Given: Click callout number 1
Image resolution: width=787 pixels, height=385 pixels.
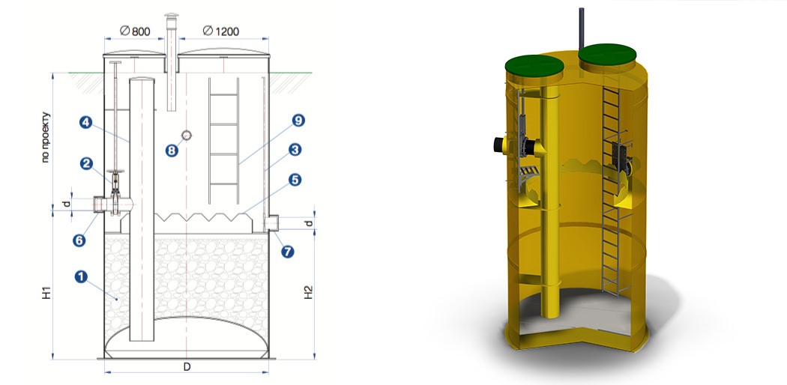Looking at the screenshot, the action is click(81, 276).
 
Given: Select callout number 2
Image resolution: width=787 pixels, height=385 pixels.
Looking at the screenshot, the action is click(86, 163).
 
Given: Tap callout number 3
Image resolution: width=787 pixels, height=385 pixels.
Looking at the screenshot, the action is click(295, 149).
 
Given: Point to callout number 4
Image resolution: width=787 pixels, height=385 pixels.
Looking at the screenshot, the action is click(85, 122).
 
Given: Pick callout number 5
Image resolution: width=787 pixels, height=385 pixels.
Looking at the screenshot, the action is click(295, 180).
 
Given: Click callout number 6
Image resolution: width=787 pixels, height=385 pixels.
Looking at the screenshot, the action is click(79, 240).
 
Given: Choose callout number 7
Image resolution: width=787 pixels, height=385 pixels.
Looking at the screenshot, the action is click(287, 251).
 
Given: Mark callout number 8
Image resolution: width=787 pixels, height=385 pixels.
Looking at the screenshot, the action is click(172, 151).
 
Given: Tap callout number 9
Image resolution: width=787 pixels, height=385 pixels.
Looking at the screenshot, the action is click(298, 121).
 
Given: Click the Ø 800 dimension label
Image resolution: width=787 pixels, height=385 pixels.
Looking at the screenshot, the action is click(135, 31).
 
